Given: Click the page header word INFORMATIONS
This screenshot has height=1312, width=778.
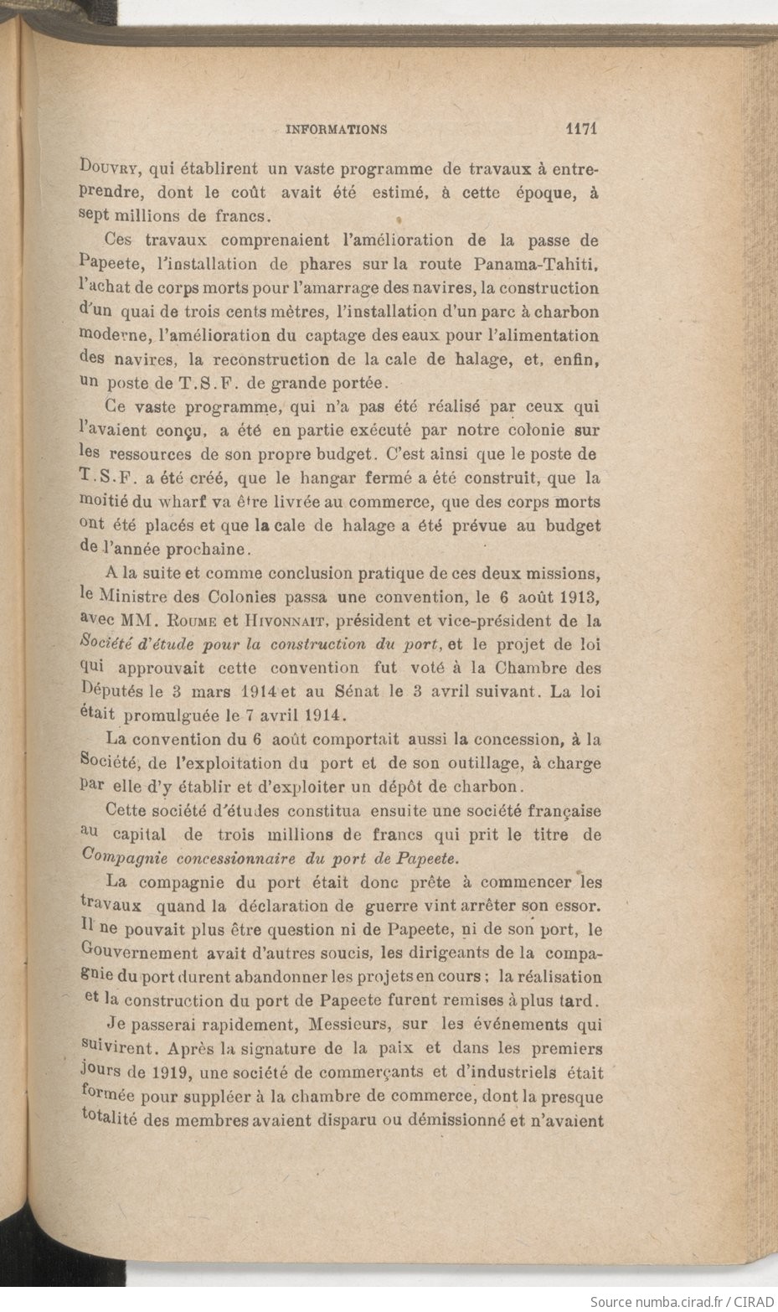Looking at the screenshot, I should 336,130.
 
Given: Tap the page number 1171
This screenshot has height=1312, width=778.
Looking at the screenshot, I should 580,129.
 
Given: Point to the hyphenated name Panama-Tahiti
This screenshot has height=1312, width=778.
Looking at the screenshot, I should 537,264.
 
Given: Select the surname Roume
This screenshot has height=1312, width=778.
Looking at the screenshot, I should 193,622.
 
